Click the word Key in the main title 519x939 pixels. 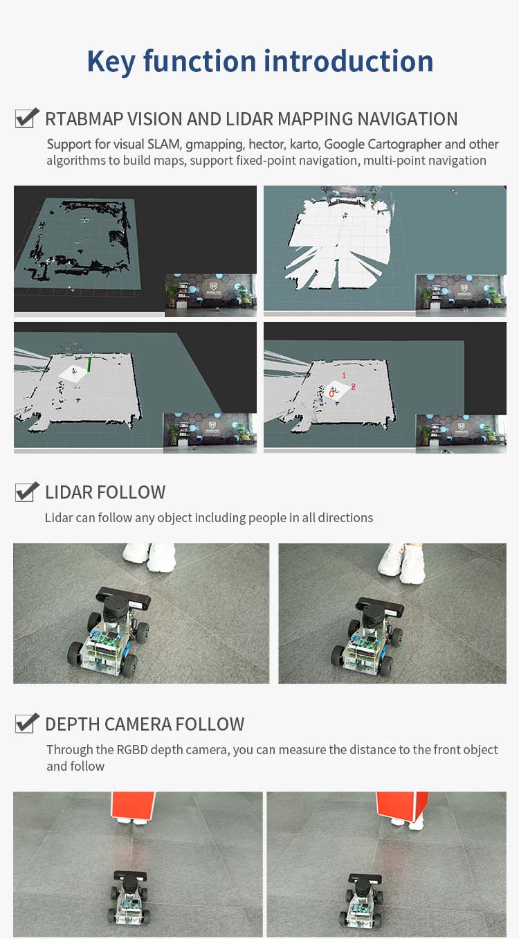click(x=111, y=62)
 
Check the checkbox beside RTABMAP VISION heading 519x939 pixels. click(x=26, y=118)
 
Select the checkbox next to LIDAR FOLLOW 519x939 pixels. click(x=26, y=491)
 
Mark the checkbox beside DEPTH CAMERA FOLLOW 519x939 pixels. click(x=26, y=723)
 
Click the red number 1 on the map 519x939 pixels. click(x=344, y=375)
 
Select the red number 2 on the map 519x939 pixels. click(x=353, y=386)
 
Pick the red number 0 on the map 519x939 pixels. click(x=331, y=394)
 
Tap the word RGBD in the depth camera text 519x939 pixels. click(x=132, y=749)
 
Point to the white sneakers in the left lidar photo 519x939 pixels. click(x=149, y=556)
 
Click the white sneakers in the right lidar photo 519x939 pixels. click(x=401, y=562)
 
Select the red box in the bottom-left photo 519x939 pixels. click(x=133, y=805)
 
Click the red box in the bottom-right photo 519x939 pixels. click(x=401, y=805)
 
